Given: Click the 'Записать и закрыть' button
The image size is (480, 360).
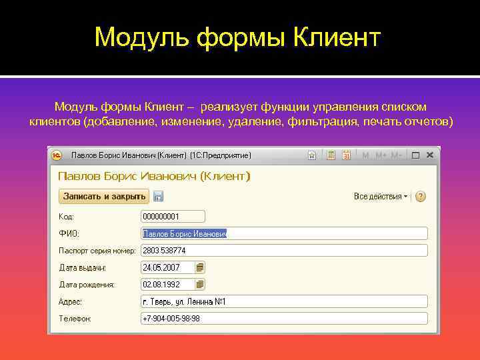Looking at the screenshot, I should pyautogui.click(x=104, y=197).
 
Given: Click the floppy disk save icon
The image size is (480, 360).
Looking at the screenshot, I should pyautogui.click(x=158, y=197).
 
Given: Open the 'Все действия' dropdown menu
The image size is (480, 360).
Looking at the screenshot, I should pyautogui.click(x=381, y=197).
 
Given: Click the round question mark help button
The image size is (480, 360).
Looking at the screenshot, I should pyautogui.click(x=420, y=197).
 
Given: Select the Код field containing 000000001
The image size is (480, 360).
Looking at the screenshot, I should pyautogui.click(x=173, y=217).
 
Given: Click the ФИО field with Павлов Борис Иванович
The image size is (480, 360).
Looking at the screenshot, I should pyautogui.click(x=284, y=233).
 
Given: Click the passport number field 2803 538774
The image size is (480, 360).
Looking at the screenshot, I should pyautogui.click(x=284, y=251).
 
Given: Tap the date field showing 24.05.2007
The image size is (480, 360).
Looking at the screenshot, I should pyautogui.click(x=167, y=267).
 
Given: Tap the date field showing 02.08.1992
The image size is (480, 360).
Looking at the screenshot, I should pyautogui.click(x=167, y=285).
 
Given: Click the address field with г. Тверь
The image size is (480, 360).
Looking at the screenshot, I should pyautogui.click(x=284, y=302).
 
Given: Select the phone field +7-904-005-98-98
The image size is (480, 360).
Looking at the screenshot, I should pyautogui.click(x=284, y=319).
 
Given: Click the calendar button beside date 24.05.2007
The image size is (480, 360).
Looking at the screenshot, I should pyautogui.click(x=200, y=267).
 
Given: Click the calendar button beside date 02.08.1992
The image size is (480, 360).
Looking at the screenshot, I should pyautogui.click(x=200, y=285).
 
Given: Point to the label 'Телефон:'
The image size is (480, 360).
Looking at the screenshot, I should pyautogui.click(x=75, y=319).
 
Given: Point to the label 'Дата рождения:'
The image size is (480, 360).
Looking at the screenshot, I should pyautogui.click(x=87, y=285).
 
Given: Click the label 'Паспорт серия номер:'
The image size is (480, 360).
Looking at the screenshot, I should pyautogui.click(x=97, y=251).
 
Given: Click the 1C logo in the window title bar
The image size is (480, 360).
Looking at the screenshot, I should pyautogui.click(x=58, y=155).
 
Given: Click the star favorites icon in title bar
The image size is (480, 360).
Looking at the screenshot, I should pyautogui.click(x=311, y=155).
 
